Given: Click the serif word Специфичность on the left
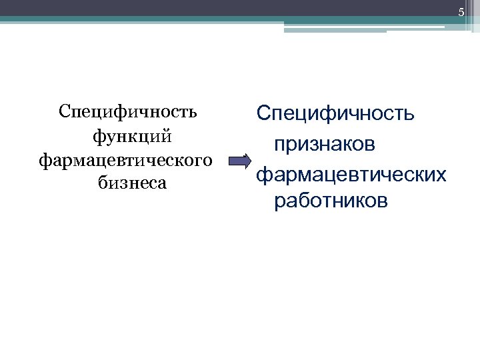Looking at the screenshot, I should coord(127,111).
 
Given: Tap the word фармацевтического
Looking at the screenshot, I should coord(127,160).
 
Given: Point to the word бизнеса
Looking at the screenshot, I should coord(132,183).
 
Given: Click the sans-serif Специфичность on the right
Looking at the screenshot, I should coord(335,115).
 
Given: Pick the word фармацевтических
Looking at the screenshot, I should coord(351,174).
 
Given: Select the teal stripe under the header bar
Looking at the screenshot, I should coord(200,20).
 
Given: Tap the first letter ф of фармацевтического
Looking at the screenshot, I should coord(45,161).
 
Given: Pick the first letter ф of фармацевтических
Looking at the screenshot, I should coord(262,175).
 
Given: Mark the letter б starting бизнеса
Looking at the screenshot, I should coord(101,183).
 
